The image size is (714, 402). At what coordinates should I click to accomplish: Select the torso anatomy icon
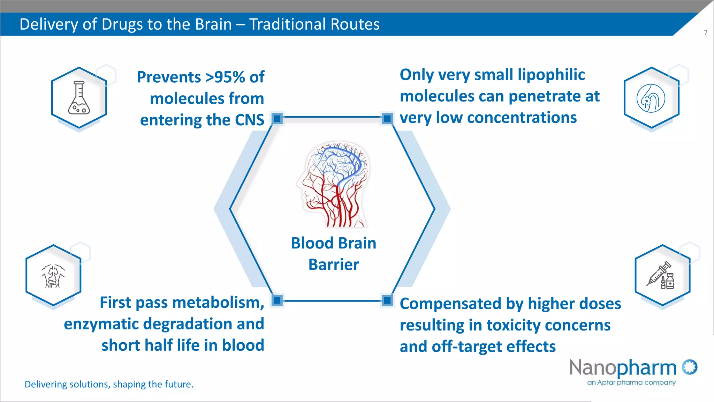53,276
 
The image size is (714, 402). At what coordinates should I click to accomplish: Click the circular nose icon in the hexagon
651,98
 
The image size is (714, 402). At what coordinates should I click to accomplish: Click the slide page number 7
706,32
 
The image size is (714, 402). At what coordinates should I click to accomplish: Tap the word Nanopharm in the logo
623,368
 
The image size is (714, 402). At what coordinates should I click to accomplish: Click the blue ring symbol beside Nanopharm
690,367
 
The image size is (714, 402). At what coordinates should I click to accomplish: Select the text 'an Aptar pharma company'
631,382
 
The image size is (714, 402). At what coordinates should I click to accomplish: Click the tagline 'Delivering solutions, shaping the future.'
109,384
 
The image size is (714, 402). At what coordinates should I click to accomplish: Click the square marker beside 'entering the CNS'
277,119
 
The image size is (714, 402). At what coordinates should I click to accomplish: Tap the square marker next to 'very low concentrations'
387,119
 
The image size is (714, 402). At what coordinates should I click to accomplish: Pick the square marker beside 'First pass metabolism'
277,300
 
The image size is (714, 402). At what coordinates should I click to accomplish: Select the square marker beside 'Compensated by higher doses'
387,300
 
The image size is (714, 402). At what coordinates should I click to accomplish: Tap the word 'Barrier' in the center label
334,265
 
